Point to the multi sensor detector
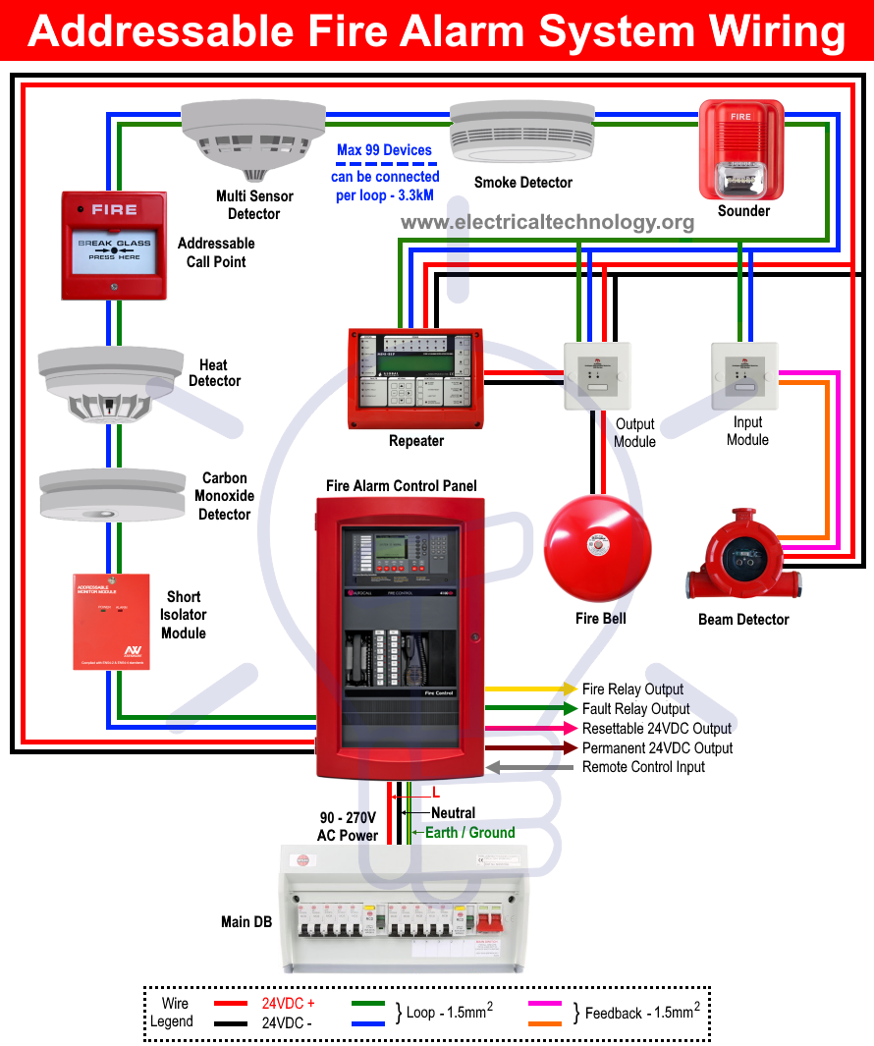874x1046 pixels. (x=253, y=138)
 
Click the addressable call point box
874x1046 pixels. (x=114, y=245)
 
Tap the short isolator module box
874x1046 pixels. (x=111, y=622)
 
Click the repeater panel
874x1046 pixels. (x=416, y=378)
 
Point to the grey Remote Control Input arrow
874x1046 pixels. (x=530, y=767)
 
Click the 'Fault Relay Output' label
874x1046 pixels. (x=635, y=709)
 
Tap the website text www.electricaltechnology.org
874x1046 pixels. (x=547, y=222)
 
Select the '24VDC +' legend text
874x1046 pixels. (x=288, y=1004)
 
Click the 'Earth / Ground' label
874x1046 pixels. (x=469, y=833)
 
